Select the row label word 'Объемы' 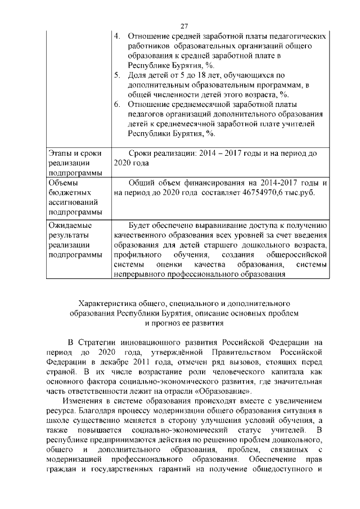pyautogui.click(x=63, y=183)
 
